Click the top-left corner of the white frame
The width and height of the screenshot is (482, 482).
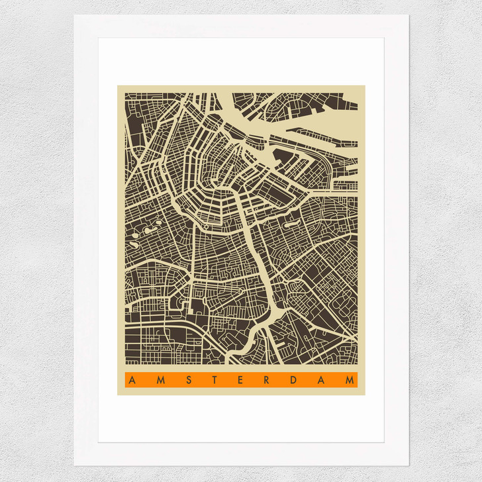[x=74, y=15]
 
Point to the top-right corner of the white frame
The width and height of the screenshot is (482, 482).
[x=409, y=15]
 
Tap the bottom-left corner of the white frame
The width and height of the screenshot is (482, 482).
[x=74, y=465]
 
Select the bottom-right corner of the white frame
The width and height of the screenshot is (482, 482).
[x=409, y=465]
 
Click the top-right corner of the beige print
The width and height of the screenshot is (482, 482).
[x=365, y=85]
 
